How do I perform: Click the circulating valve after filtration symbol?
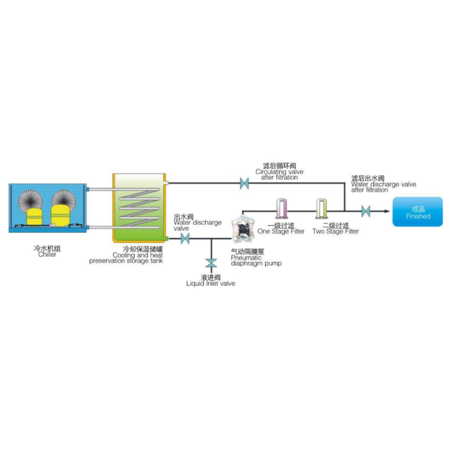click(x=244, y=183)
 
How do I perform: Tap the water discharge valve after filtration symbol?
click(x=366, y=211)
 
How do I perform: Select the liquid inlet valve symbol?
click(x=211, y=263)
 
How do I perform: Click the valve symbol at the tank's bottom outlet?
click(x=185, y=238)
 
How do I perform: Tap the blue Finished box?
click(x=417, y=212)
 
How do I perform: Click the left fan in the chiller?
click(x=31, y=200)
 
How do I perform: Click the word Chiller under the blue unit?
click(x=47, y=254)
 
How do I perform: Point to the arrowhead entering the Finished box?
click(x=387, y=211)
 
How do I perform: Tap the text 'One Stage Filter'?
click(x=281, y=232)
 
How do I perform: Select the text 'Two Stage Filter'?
click(x=335, y=232)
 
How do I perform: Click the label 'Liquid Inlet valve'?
click(x=211, y=284)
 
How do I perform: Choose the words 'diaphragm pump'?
click(x=257, y=263)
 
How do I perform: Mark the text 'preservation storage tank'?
click(x=126, y=261)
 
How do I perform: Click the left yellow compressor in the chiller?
click(x=35, y=216)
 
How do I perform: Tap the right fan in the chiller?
click(x=64, y=199)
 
